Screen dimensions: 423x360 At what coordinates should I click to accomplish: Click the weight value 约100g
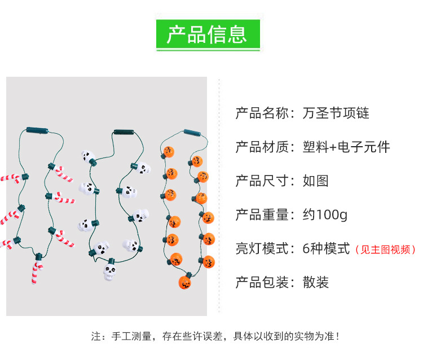(x=325, y=215)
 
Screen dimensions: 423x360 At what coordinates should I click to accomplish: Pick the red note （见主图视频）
(x=385, y=249)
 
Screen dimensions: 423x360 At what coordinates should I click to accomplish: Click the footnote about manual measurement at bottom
(x=215, y=336)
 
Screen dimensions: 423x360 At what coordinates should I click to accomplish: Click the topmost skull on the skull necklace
(x=87, y=156)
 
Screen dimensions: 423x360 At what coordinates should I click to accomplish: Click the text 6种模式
(x=327, y=249)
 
